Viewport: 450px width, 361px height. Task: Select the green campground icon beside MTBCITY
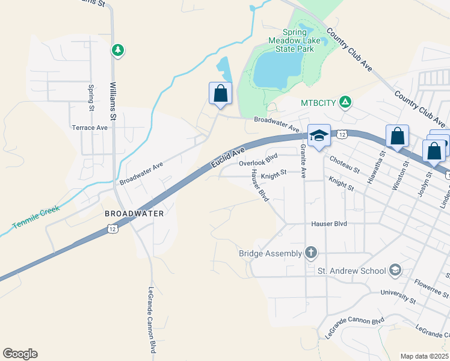click(x=345, y=102)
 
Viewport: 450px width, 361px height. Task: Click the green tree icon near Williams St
click(x=118, y=50)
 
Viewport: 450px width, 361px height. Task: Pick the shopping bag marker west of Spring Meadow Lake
click(x=220, y=93)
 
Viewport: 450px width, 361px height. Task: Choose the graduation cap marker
click(x=319, y=136)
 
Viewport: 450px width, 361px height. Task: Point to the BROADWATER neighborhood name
click(x=134, y=214)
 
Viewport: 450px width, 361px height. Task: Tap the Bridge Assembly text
click(x=270, y=253)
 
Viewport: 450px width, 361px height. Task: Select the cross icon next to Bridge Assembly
click(x=310, y=252)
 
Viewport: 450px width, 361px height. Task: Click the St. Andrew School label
click(x=351, y=271)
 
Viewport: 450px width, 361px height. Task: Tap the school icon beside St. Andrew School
click(x=395, y=270)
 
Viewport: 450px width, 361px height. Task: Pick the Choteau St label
click(x=345, y=165)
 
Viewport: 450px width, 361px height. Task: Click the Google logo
click(x=20, y=354)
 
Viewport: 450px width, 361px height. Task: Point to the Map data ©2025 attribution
click(x=424, y=356)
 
